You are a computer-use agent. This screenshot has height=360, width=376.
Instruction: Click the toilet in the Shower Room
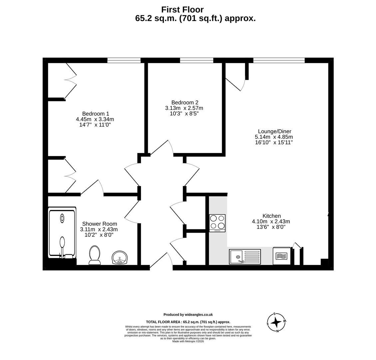pyautogui.click(x=95, y=255)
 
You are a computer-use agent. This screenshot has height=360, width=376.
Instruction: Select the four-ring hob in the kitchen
pyautogui.click(x=217, y=223)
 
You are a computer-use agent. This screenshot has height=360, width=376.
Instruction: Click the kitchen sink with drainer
pyautogui.click(x=245, y=257)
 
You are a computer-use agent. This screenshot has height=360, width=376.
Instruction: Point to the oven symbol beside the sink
pyautogui.click(x=281, y=256)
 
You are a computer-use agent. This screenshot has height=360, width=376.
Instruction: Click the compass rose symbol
pyautogui.click(x=276, y=322)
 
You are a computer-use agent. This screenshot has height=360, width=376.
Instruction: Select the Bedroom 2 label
pyautogui.click(x=185, y=102)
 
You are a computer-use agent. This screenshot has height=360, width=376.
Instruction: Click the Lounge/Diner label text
pyautogui.click(x=274, y=131)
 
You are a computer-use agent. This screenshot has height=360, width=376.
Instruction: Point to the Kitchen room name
pyautogui.click(x=271, y=216)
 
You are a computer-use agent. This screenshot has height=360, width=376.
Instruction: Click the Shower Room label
pyautogui.click(x=99, y=224)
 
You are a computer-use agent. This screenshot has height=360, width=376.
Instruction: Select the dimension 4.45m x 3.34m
pyautogui.click(x=95, y=119)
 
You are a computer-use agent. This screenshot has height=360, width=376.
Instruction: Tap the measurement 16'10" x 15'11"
pyautogui.click(x=274, y=142)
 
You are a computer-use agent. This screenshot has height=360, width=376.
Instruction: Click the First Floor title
pyautogui.click(x=182, y=10)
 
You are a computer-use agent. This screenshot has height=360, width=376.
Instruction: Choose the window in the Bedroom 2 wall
pyautogui.click(x=196, y=60)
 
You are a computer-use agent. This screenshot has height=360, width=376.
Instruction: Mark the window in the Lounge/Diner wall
pyautogui.click(x=279, y=60)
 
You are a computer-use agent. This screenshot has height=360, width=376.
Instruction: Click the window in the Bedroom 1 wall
pyautogui.click(x=124, y=60)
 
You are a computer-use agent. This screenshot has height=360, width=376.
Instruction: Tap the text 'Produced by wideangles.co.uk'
pyautogui.click(x=188, y=314)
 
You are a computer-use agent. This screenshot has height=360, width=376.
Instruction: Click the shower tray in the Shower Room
pyautogui.click(x=62, y=232)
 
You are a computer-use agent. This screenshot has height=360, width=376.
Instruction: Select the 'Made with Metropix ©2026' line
pyautogui.click(x=188, y=341)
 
